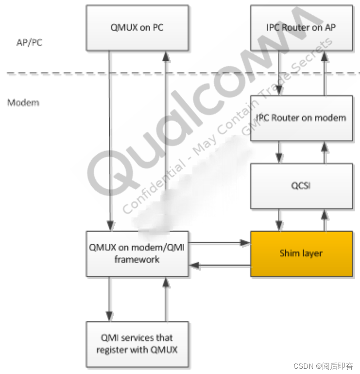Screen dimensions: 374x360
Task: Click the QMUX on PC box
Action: tap(137, 28)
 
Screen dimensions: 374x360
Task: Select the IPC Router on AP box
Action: tap(301, 28)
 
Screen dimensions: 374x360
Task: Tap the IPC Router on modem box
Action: tap(301, 118)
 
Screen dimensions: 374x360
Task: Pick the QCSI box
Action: tap(301, 186)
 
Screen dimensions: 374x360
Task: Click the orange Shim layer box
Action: tap(301, 253)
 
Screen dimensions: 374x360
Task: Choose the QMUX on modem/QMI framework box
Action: tap(137, 253)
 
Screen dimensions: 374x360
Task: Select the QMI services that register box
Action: tap(137, 344)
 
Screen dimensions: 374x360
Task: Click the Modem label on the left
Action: tap(23, 103)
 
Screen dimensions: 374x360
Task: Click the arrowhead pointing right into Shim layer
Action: tap(245, 242)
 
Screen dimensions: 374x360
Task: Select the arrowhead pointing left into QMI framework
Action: tap(194, 265)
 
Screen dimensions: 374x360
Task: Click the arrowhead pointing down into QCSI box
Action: tap(279, 159)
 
